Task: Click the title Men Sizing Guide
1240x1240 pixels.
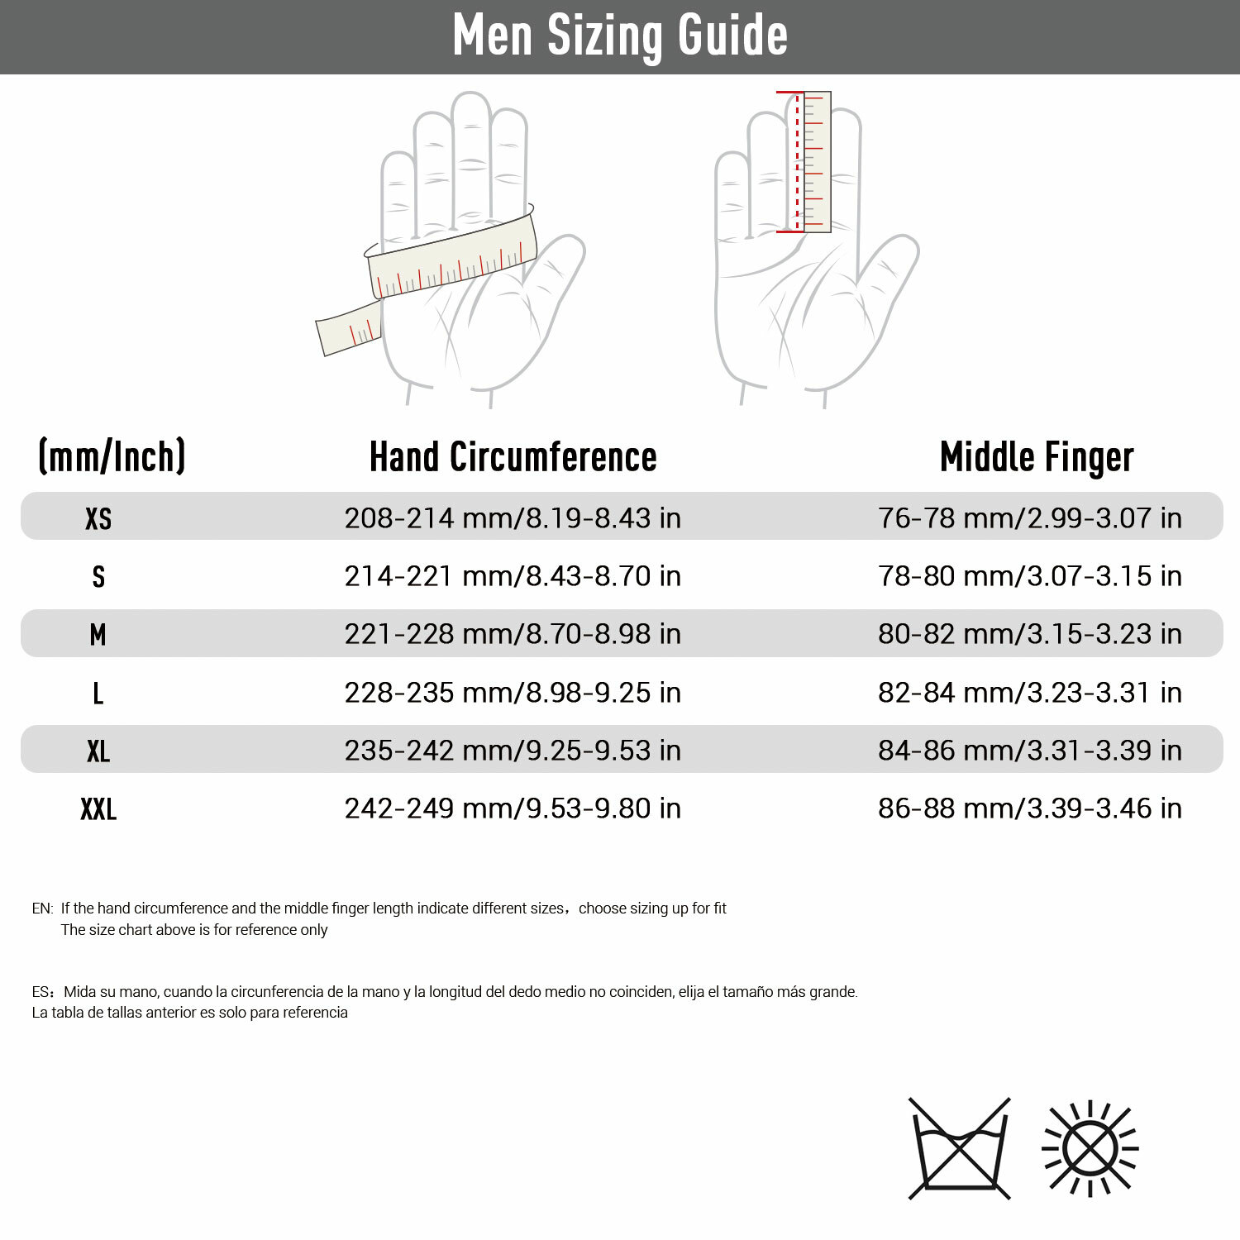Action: [620, 36]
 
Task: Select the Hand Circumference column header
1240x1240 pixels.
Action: [513, 457]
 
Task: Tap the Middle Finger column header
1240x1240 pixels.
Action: [1037, 457]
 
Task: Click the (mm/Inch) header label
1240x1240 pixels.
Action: [112, 456]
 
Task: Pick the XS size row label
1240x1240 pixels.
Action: [98, 518]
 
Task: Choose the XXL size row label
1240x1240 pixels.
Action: [98, 808]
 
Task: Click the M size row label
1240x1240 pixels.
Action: [98, 635]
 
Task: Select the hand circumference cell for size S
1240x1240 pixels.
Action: [513, 576]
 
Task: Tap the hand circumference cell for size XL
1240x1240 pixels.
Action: [513, 751]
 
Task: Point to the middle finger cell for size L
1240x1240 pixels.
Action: [1029, 693]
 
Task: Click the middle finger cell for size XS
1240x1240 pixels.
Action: [1029, 518]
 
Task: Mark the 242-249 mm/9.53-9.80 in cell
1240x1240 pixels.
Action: [513, 808]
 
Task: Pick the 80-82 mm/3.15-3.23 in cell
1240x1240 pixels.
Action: [1029, 634]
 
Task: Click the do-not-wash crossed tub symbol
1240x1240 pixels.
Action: [960, 1149]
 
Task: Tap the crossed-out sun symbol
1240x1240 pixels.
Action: [1090, 1149]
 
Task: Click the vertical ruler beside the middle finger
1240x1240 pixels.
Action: [816, 161]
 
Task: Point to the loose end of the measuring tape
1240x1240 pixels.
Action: [347, 329]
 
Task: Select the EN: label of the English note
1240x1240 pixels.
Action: [42, 909]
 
